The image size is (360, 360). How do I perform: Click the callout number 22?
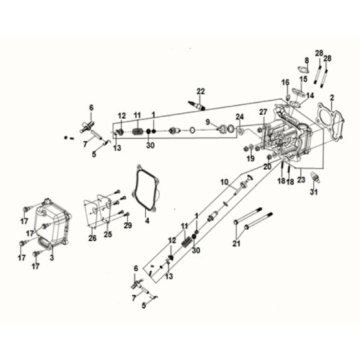[x=201, y=91]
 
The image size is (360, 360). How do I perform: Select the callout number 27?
[x=263, y=112]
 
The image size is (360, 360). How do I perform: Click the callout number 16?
[x=284, y=81]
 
